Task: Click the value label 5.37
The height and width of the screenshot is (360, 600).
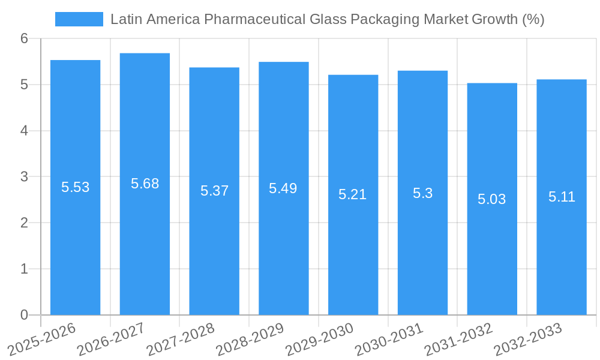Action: (214, 191)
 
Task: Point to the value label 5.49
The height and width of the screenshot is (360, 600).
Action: (283, 188)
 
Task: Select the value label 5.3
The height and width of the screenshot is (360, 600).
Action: (422, 193)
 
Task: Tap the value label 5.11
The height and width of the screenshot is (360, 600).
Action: (562, 197)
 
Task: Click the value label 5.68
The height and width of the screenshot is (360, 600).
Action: (145, 184)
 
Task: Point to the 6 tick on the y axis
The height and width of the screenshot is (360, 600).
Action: (24, 39)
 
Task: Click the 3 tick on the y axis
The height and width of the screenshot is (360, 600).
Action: (24, 177)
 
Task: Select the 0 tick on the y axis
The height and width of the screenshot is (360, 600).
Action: (24, 315)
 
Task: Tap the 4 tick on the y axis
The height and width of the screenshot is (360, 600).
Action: (24, 131)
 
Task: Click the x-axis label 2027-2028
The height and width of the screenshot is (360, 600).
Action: (181, 339)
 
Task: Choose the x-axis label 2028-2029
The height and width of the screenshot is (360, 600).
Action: (250, 339)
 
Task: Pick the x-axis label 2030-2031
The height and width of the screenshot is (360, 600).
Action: (389, 339)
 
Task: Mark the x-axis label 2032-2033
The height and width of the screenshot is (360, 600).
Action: (528, 339)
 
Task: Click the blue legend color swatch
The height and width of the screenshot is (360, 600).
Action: (79, 19)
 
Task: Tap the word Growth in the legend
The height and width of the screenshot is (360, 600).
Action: (495, 19)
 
